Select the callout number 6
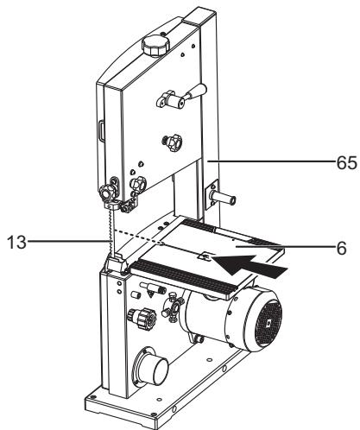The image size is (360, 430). (x=343, y=247)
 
